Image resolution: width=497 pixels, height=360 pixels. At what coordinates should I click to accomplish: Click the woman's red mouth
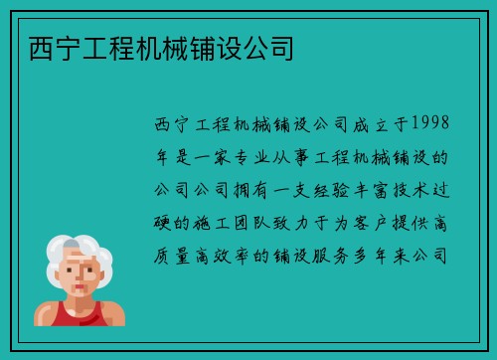pos(79,292)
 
